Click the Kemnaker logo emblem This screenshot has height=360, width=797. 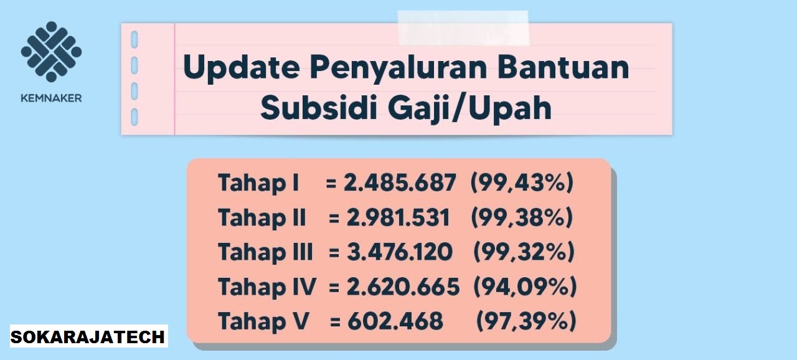[51, 52]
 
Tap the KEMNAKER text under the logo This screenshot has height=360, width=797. [51, 98]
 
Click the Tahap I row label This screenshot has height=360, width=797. [258, 183]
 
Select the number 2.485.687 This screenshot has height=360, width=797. [400, 183]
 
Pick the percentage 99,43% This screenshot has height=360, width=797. [522, 183]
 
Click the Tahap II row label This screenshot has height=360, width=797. [262, 218]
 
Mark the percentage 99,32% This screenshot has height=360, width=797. [524, 252]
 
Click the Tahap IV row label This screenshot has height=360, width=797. [266, 287]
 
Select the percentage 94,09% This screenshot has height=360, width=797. [525, 287]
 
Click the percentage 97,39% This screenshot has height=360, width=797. [526, 321]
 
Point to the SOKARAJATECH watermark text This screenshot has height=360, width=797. [88, 337]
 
